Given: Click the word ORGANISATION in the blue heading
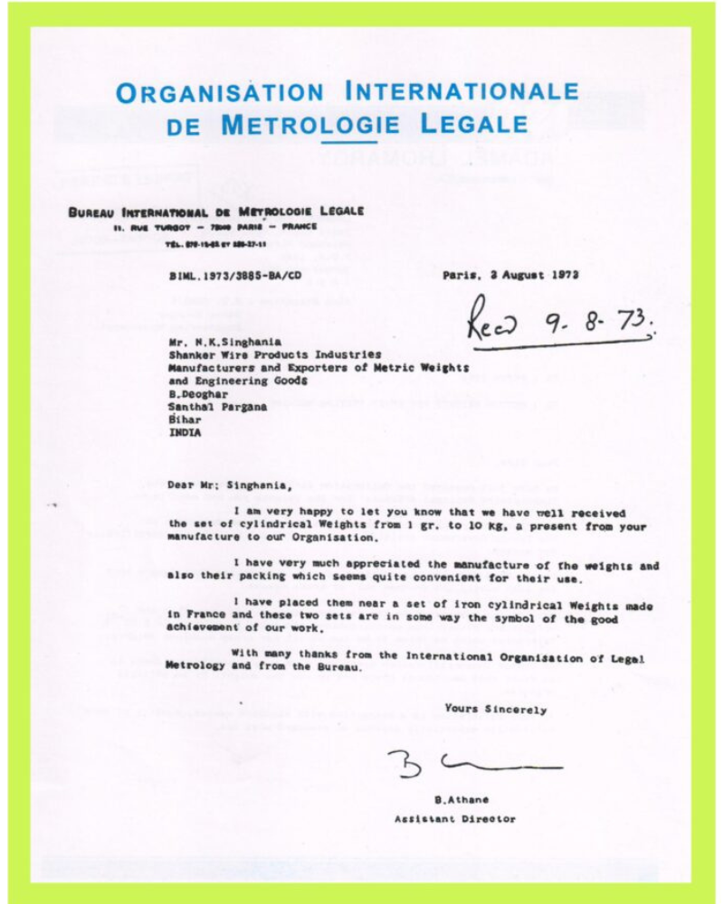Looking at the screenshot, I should click(x=221, y=93).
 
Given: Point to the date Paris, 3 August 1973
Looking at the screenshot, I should click(x=510, y=275).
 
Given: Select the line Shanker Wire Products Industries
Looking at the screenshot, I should click(x=274, y=355).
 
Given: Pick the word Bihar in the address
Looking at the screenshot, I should click(x=186, y=420).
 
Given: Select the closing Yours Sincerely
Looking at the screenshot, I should click(x=495, y=710).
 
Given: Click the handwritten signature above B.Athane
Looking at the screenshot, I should click(x=471, y=764).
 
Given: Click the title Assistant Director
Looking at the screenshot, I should click(x=454, y=819).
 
